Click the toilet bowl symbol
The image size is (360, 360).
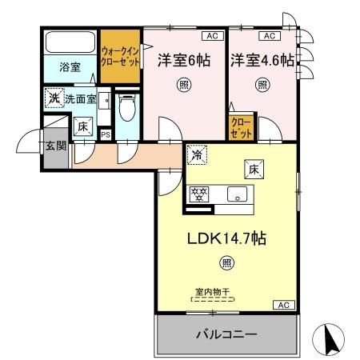(x=127, y=107)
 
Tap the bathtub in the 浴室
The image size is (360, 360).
(x=70, y=42)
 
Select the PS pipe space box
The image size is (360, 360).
(x=106, y=134)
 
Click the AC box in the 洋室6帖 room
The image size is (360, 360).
(x=212, y=36)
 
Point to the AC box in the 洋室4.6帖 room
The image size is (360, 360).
(x=270, y=36)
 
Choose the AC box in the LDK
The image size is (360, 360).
(x=284, y=305)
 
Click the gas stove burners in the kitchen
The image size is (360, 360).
(x=199, y=194)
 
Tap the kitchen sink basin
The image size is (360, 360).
(x=237, y=194)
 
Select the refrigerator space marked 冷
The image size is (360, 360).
(x=197, y=154)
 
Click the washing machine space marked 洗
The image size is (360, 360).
(x=54, y=98)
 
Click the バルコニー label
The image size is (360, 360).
(x=226, y=334)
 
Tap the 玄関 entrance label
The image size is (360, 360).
(x=56, y=146)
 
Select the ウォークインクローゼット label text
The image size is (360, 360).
(x=120, y=56)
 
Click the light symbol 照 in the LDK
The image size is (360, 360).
(x=227, y=263)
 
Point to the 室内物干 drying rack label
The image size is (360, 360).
(x=213, y=292)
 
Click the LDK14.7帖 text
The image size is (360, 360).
(x=226, y=238)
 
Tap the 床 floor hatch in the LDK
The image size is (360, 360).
(x=254, y=169)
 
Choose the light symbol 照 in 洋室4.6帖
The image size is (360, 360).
(x=262, y=85)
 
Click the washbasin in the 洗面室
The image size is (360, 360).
(x=104, y=101)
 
